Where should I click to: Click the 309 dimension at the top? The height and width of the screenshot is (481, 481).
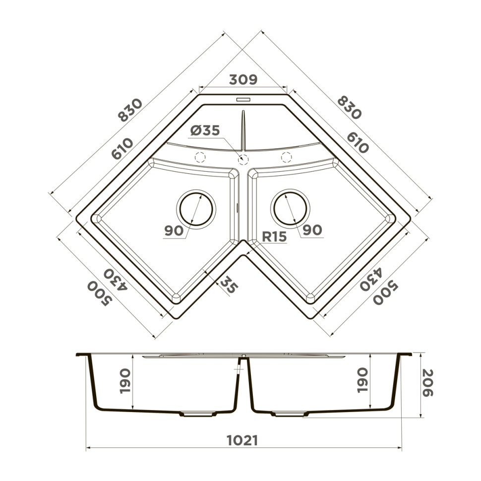[x=243, y=79]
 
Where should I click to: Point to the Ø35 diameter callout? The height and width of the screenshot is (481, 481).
[x=204, y=131]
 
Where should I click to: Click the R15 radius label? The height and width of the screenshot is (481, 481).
[x=274, y=237]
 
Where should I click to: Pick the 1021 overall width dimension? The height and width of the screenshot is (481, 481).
[x=242, y=440]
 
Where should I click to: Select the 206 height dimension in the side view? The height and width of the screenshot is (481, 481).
[x=428, y=383]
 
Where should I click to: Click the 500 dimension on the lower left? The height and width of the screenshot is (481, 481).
[x=98, y=294]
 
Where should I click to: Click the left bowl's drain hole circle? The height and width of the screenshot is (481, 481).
[x=196, y=208]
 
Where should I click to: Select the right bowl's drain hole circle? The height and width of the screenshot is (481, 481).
[x=291, y=208]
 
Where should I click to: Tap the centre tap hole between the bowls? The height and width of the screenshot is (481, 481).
[x=243, y=159]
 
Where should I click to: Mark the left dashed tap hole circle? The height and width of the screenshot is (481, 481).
[x=200, y=158]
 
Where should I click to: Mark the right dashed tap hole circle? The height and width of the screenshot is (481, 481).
[x=286, y=157]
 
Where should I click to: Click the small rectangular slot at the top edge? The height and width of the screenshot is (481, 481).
[x=243, y=99]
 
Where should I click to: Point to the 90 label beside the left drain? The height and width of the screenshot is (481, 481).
[x=175, y=230]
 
